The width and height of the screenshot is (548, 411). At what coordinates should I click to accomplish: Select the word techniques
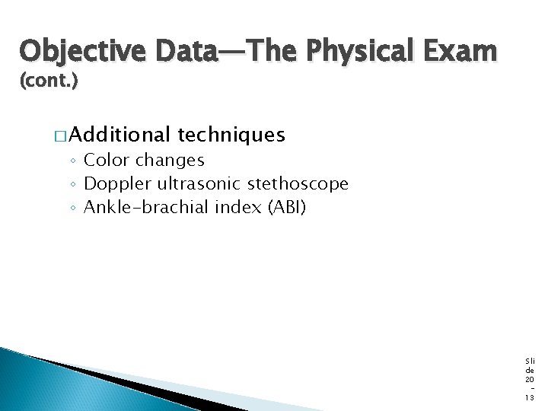231,135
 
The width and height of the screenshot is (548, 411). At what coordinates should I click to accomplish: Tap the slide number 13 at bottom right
530,397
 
